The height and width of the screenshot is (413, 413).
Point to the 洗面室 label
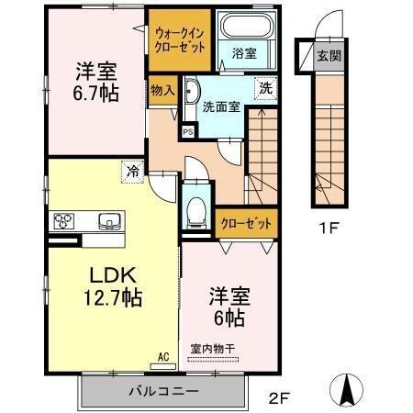pos(221,106)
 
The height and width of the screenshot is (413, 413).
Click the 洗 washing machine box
pos(263,89)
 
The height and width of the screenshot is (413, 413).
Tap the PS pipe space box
pos(188,131)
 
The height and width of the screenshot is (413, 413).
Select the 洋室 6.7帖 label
pos(95,81)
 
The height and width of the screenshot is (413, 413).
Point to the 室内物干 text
pos(213,348)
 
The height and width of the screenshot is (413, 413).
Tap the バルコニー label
pos(162,391)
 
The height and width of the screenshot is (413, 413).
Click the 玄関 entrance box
pos(327,56)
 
